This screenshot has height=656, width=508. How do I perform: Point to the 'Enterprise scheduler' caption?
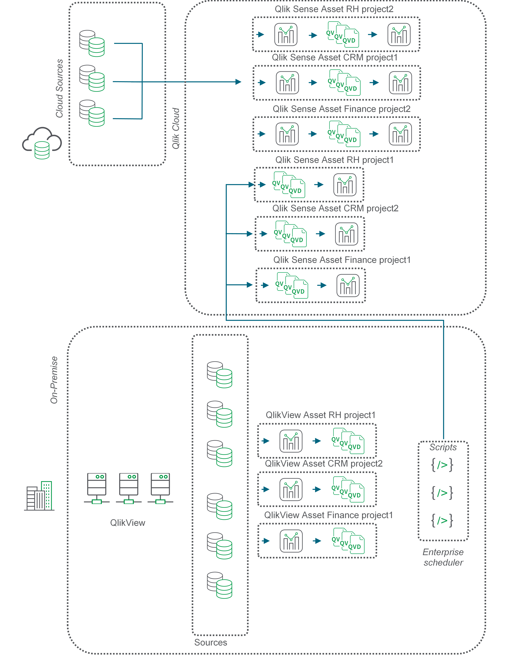pos(443,557)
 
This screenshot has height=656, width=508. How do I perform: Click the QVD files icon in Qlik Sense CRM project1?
pos(345,83)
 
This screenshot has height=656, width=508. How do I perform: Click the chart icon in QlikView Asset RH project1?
pos(291,441)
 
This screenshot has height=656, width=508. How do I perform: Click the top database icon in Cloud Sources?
pos(92,44)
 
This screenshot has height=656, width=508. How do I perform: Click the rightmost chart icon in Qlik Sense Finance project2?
pos(400,134)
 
